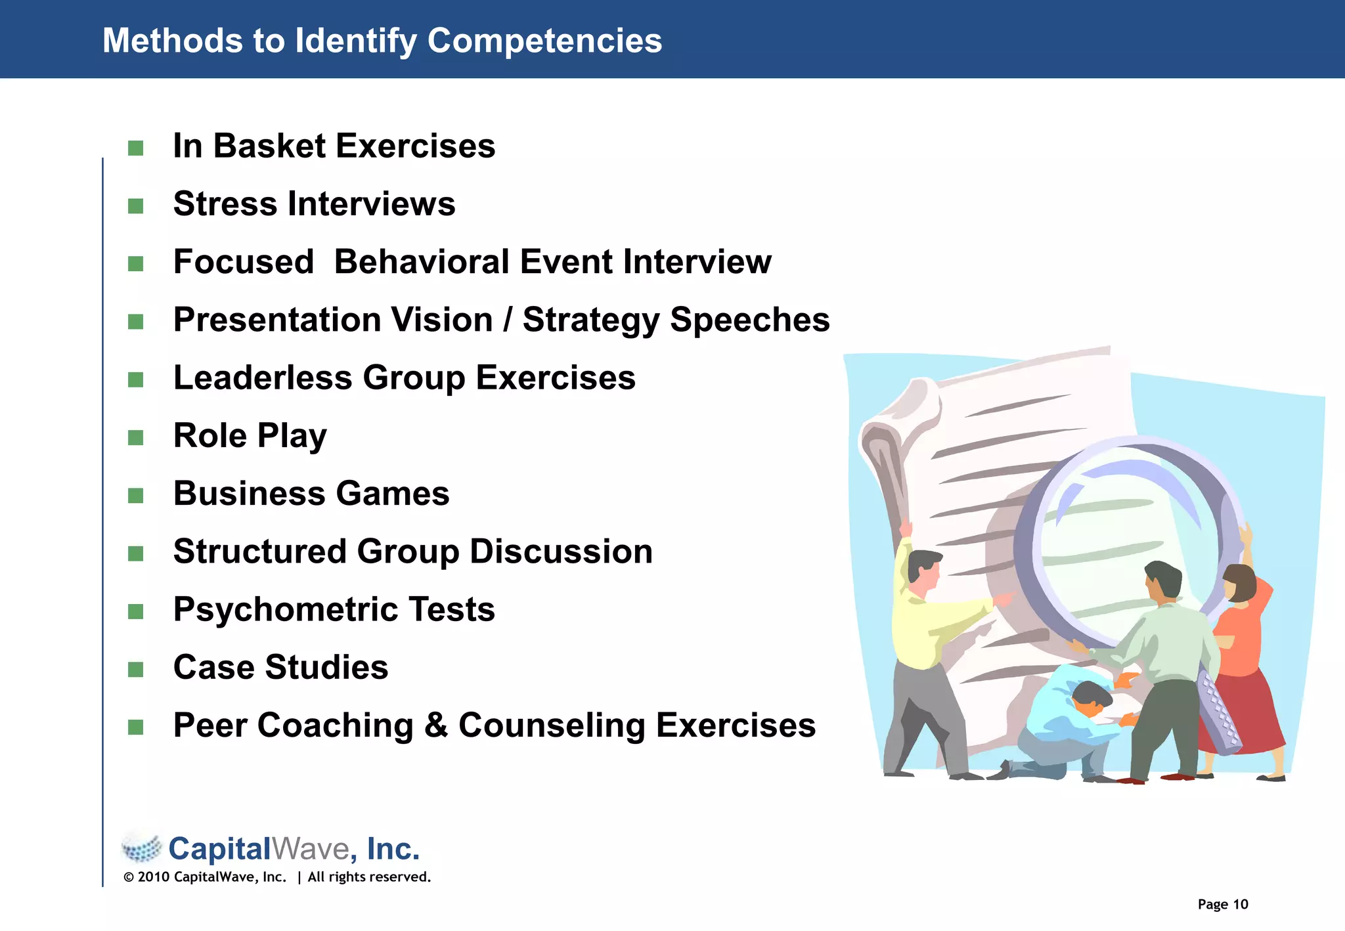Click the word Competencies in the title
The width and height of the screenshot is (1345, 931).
544,41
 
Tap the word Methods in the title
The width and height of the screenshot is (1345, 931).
172,41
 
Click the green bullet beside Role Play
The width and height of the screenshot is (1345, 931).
136,437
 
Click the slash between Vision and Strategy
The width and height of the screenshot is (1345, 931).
508,320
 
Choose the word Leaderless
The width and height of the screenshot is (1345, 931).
263,378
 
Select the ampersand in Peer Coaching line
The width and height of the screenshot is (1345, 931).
436,725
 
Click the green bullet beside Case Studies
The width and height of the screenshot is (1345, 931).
136,669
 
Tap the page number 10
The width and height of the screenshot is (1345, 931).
1240,904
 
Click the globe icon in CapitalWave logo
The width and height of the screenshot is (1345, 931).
142,848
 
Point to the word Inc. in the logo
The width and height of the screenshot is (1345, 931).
393,848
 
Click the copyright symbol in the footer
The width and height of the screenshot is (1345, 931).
129,877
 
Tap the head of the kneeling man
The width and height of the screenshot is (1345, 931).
1091,698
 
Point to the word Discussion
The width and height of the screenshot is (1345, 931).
561,552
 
